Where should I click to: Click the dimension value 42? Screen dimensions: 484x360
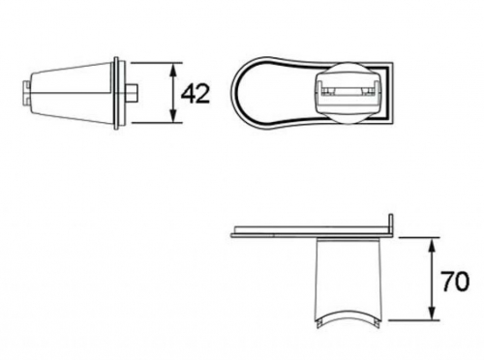[x=196, y=94]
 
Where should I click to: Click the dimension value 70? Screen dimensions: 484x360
[x=455, y=282]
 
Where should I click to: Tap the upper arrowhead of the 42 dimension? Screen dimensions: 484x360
[x=173, y=70]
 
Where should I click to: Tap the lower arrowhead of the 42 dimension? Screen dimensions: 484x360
[x=173, y=116]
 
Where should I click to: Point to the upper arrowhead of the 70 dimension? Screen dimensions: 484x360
[x=433, y=245]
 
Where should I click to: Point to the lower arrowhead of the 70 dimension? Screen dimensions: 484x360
[x=433, y=314]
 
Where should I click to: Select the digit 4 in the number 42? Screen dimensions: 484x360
[x=188, y=94]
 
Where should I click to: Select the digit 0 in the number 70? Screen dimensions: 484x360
[x=463, y=282]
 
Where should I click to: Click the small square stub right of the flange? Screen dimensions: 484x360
[x=132, y=93]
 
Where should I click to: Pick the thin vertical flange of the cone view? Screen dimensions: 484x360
[x=116, y=93]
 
